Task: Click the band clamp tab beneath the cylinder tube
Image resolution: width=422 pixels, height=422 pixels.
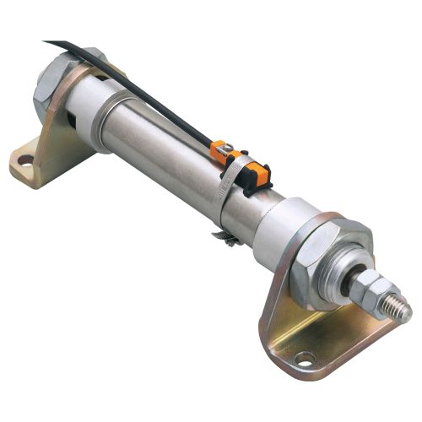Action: (x=226, y=237)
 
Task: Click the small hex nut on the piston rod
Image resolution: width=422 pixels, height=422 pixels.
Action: (x=367, y=291)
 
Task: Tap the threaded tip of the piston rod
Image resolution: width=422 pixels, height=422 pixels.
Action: (x=397, y=311)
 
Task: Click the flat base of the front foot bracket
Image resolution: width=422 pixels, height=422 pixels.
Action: (x=321, y=346)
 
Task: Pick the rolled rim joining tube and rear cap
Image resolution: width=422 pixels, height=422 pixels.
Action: (x=106, y=123)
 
